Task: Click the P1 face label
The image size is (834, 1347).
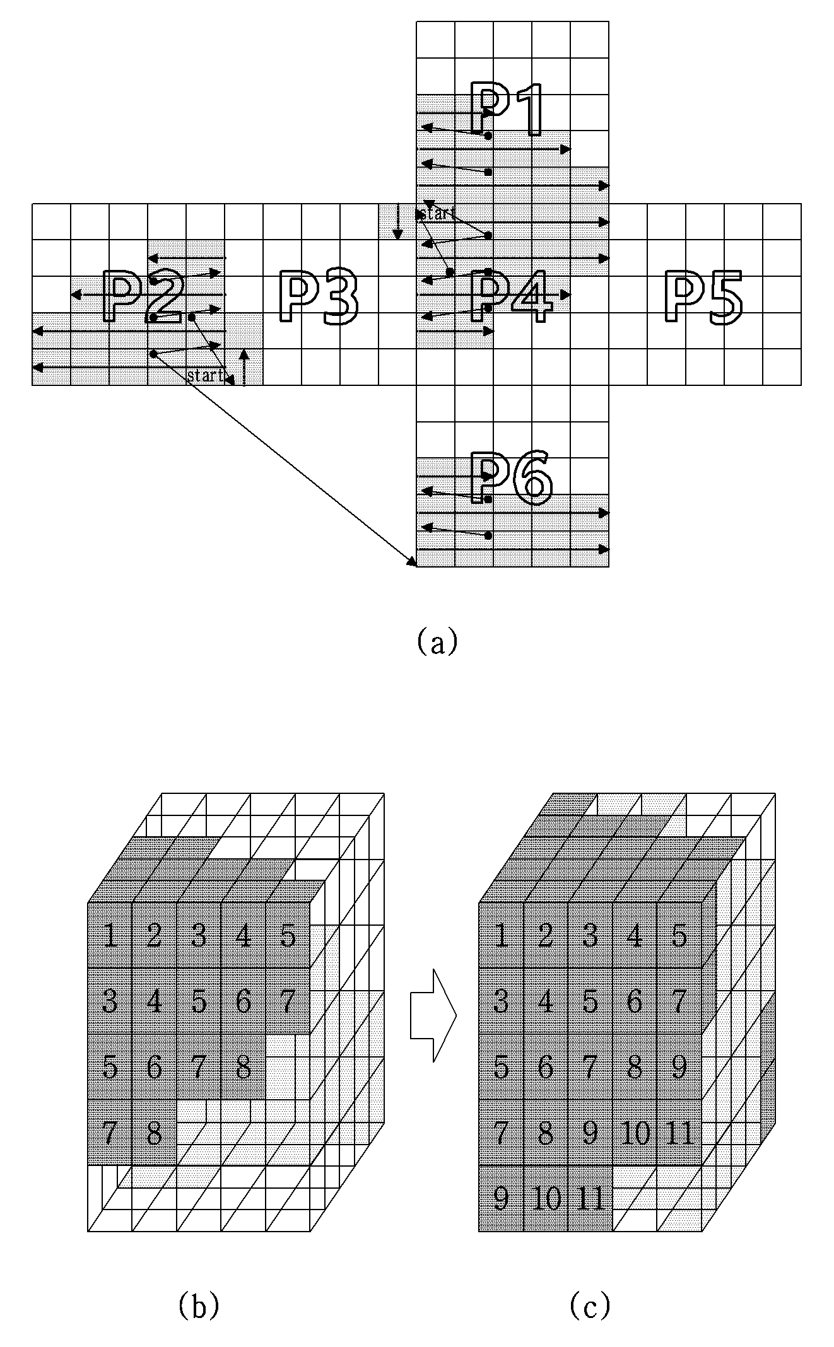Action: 507,108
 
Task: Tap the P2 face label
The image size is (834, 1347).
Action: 143,295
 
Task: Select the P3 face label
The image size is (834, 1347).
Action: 318,297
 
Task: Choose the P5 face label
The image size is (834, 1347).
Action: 703,298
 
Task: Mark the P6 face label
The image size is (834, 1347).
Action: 512,477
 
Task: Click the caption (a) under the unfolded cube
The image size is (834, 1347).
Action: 437,643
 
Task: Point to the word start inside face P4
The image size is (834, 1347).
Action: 437,214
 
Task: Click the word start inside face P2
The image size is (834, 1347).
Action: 206,376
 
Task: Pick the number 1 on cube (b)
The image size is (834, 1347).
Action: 110,936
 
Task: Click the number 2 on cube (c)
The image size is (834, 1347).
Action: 546,936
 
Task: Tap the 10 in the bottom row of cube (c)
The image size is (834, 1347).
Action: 546,1198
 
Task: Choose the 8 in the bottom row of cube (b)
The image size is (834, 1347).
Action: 153,1133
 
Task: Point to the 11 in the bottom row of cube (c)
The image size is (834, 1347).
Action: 591,1198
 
